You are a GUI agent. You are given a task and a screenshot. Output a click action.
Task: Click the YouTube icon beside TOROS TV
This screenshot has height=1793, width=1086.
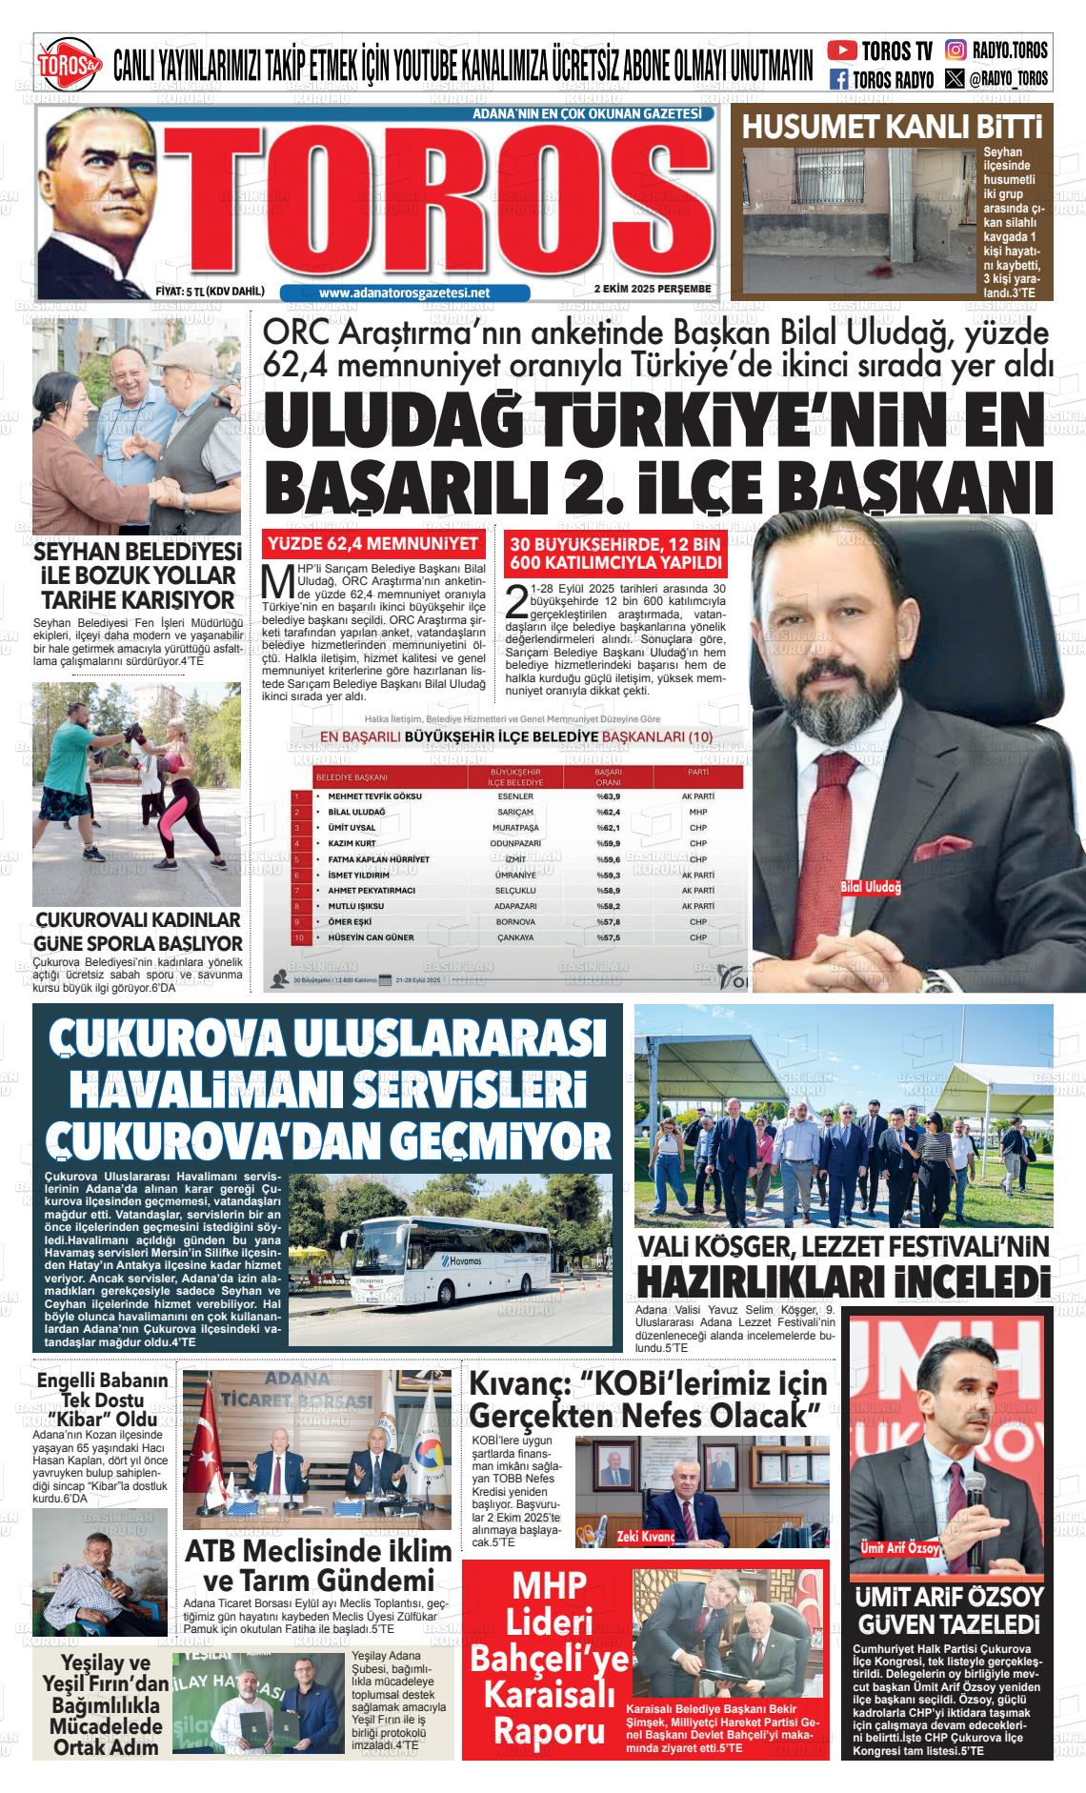(842, 50)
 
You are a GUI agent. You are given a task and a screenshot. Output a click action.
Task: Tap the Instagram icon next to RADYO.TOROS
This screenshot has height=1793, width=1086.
(955, 50)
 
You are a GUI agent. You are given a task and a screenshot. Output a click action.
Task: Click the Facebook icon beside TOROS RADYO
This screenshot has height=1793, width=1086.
(839, 79)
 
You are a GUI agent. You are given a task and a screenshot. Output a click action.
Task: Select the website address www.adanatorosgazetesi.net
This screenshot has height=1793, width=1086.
(405, 293)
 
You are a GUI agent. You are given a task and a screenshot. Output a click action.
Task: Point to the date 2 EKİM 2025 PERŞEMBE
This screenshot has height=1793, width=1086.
(653, 289)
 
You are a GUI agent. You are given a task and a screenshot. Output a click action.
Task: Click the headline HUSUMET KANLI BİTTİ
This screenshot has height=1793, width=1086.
(893, 127)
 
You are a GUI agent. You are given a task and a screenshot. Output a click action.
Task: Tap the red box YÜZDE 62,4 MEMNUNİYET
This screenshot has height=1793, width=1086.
(374, 545)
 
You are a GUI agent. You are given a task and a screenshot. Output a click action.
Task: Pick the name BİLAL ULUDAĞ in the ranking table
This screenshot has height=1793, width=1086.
(356, 812)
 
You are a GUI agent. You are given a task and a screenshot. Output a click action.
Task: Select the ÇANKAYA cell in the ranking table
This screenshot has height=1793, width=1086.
(515, 937)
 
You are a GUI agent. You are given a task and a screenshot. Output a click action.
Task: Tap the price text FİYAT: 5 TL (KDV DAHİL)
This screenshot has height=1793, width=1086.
(210, 292)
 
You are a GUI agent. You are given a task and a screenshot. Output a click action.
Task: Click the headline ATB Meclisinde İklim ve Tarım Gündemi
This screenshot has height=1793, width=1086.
(318, 1564)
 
